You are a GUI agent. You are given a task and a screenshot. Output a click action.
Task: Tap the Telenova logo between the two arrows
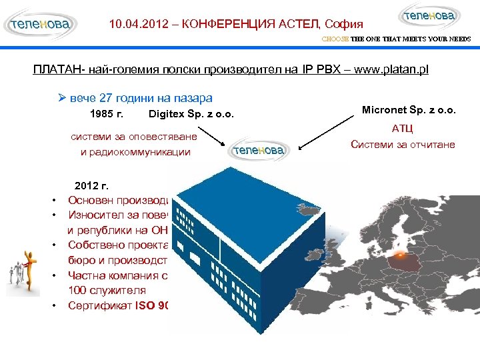[x=259, y=151]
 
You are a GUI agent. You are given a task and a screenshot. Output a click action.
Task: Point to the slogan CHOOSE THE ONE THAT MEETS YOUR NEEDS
[x=396, y=39]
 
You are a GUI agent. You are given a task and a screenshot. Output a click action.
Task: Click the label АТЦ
[x=402, y=129]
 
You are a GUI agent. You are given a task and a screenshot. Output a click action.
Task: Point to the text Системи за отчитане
[x=403, y=144]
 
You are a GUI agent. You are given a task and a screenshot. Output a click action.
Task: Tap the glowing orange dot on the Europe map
[x=399, y=254]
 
